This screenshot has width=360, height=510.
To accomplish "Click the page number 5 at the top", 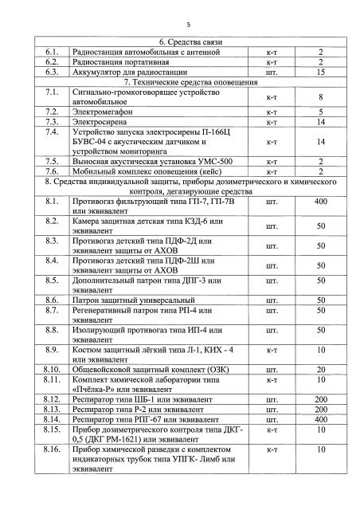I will pyautogui.click(x=179, y=24).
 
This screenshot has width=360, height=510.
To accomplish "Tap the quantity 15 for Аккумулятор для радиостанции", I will pyautogui.click(x=321, y=71).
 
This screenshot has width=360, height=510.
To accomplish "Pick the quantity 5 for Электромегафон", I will pyautogui.click(x=321, y=112).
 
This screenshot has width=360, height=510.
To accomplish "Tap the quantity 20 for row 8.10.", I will pyautogui.click(x=321, y=369).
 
